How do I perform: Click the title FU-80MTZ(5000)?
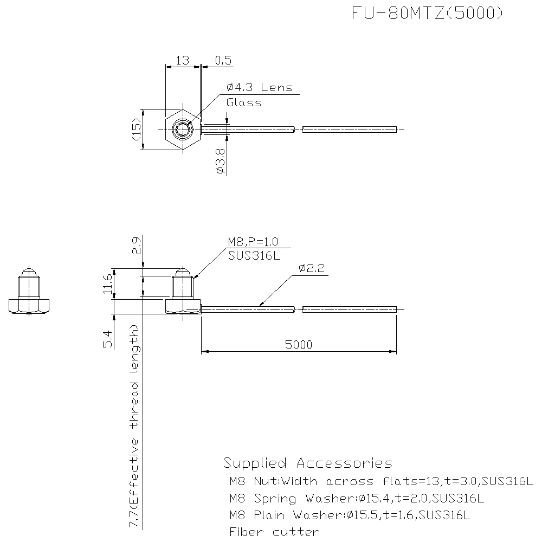[428, 14]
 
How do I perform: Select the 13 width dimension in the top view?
[183, 60]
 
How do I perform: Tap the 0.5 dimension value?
[223, 60]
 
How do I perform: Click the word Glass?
[244, 102]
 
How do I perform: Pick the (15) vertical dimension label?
[136, 129]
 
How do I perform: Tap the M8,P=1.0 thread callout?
[251, 242]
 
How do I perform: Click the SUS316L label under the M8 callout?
[254, 256]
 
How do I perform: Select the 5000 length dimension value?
[298, 345]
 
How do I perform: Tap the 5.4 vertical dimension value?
[107, 339]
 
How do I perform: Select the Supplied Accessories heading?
[308, 463]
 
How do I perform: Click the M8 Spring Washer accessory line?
[356, 498]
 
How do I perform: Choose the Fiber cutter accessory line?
[274, 532]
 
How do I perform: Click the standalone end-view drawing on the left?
[29, 293]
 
